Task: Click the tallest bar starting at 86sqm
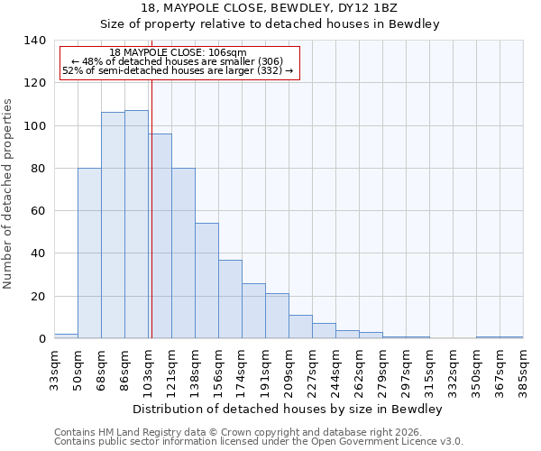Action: coord(136,225)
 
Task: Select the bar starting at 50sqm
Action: coord(89,253)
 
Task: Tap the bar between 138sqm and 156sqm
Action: coord(206,281)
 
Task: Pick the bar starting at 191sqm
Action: coord(277,316)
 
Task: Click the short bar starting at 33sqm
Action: coord(66,336)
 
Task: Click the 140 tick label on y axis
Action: coord(35,41)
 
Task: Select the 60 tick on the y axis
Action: coord(39,211)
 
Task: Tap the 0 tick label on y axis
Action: coord(42,339)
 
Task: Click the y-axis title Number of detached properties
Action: coord(9,194)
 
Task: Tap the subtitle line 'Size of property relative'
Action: coord(270,24)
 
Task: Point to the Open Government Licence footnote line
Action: coord(259,442)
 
